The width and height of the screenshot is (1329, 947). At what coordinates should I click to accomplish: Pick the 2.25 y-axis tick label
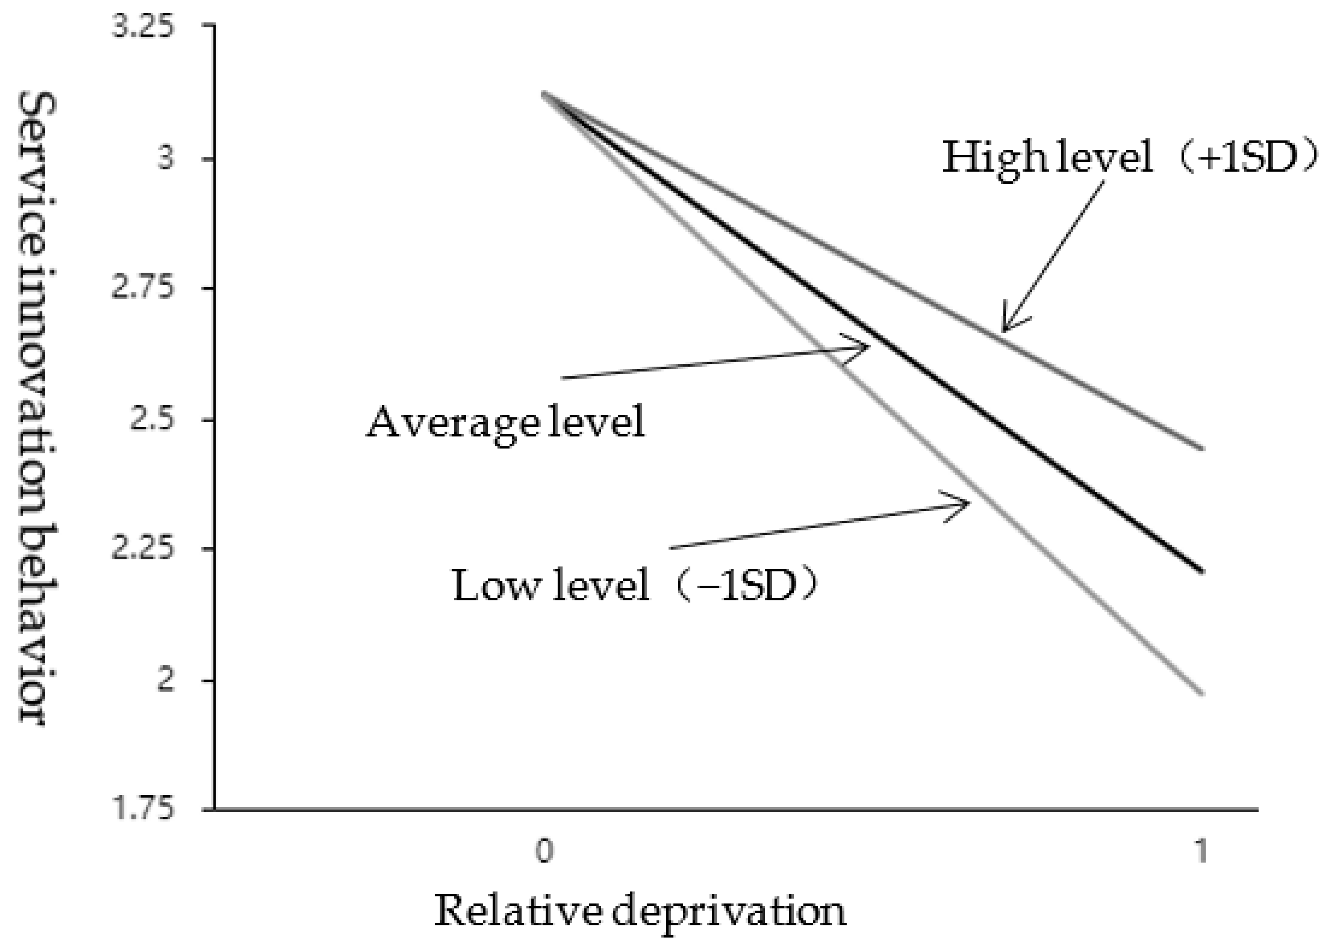(143, 549)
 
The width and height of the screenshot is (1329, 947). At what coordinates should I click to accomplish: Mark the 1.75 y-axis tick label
(143, 810)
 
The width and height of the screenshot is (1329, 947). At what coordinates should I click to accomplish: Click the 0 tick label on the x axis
(544, 851)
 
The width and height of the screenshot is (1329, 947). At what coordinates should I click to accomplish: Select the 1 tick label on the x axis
(1201, 851)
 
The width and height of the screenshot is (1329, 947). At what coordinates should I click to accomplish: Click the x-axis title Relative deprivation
(640, 910)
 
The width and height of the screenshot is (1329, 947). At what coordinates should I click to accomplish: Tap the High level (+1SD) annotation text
(1129, 158)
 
